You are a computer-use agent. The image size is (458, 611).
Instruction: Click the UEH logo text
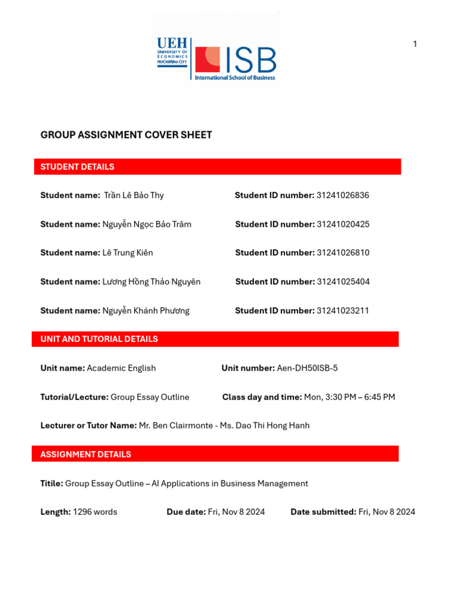pos(172,44)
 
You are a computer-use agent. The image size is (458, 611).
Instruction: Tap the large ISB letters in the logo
pos(250,60)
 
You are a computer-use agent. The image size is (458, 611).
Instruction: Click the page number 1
pos(415,44)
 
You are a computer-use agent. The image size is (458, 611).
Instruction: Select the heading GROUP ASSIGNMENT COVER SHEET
pos(126,135)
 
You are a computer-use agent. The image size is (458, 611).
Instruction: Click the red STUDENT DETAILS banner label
pos(78,167)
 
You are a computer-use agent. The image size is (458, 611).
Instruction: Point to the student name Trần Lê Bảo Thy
pos(134,196)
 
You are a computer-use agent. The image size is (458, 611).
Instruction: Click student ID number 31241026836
pos(343,196)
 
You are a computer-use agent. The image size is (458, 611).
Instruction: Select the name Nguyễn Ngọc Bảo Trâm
pos(147,224)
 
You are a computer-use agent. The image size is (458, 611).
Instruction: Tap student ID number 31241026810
pos(343,253)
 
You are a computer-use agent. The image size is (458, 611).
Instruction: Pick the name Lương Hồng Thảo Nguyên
pos(151,282)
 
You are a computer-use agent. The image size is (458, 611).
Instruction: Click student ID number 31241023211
pos(343,311)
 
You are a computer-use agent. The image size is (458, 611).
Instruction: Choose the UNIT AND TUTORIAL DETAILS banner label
pos(99,339)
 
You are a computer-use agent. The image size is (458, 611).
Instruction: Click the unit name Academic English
pos(121,368)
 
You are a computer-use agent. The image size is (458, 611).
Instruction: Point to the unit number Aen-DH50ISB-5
pos(307,368)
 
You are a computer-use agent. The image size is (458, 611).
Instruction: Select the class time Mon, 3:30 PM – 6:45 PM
pos(349,397)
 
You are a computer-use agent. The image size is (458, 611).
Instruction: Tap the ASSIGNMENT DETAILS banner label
pos(86,455)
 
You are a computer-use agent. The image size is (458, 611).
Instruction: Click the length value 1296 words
pos(95,512)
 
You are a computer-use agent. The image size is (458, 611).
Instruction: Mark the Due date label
pos(186,512)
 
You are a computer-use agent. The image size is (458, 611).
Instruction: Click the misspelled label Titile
pos(52,484)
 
